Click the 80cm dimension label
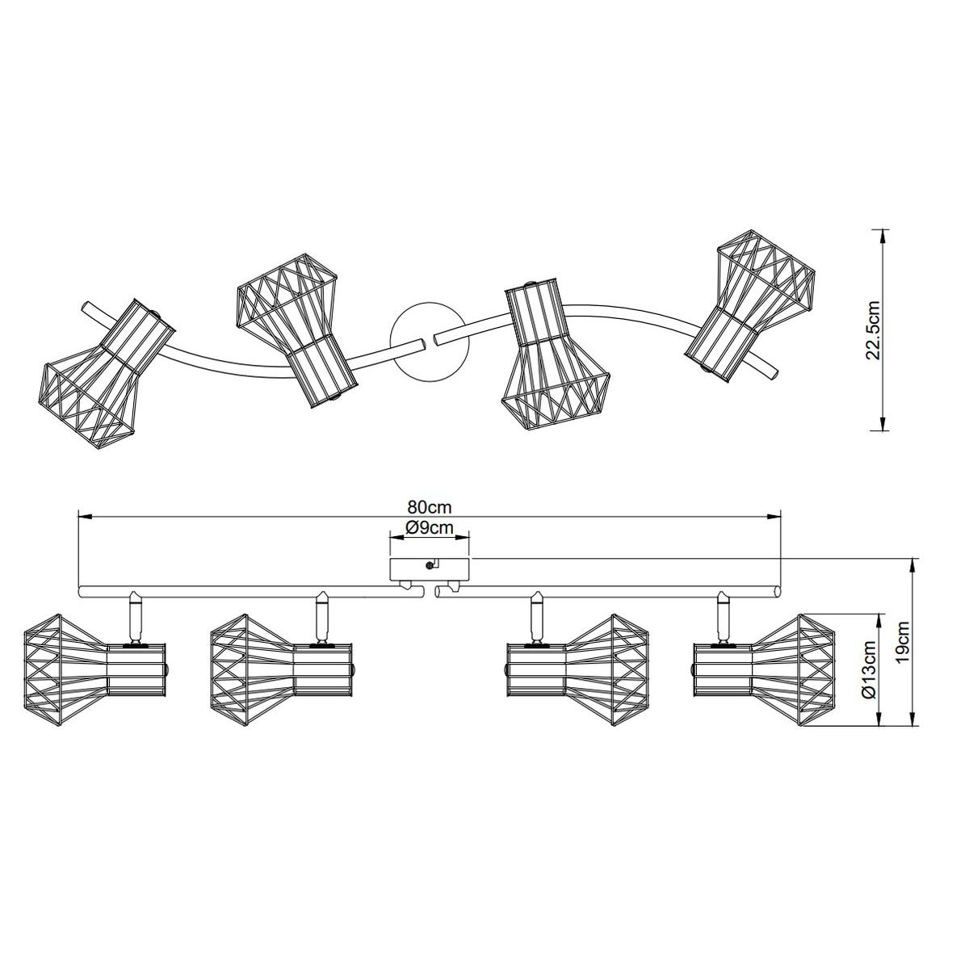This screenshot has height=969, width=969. tap(430, 507)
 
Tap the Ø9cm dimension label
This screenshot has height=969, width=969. tap(429, 527)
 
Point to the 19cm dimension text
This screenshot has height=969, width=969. tap(902, 647)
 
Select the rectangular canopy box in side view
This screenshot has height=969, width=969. tap(430, 568)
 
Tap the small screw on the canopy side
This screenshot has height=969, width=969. tap(429, 566)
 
